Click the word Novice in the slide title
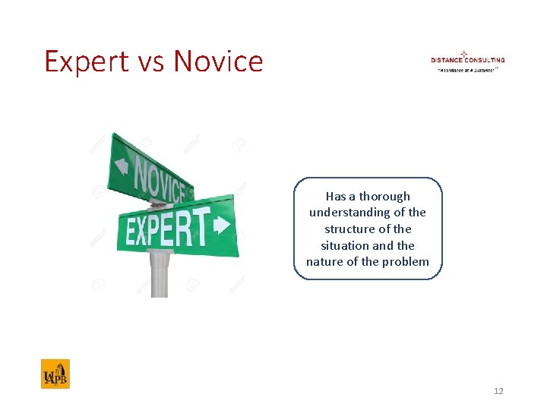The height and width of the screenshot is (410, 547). click(x=218, y=61)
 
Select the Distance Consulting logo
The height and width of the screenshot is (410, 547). click(x=467, y=61)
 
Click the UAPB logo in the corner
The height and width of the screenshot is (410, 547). click(x=55, y=374)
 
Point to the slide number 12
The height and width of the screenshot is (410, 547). click(x=498, y=391)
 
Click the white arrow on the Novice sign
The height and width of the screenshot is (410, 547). click(x=120, y=165)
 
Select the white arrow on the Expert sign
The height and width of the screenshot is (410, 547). click(x=222, y=225)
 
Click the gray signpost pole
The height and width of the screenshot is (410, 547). click(x=159, y=273)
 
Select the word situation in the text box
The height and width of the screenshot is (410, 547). click(x=346, y=245)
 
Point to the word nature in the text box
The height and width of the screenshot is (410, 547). click(x=324, y=262)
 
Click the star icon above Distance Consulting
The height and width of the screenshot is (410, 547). click(x=463, y=53)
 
